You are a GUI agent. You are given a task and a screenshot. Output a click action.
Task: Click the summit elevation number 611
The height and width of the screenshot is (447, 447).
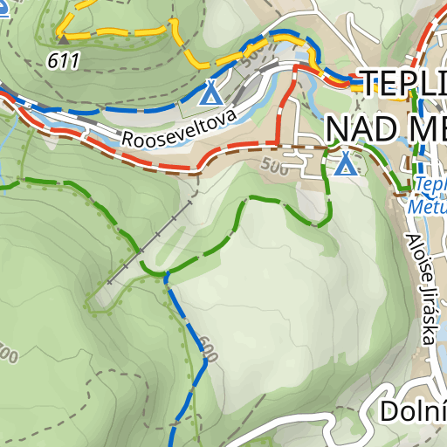65,60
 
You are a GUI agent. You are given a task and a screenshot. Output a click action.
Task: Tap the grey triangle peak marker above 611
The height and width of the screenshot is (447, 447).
64,38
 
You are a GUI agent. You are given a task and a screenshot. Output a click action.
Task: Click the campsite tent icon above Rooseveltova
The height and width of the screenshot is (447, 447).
210,91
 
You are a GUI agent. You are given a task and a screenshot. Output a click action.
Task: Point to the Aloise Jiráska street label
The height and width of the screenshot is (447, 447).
420,288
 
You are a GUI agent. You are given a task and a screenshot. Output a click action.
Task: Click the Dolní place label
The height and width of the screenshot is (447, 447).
413,411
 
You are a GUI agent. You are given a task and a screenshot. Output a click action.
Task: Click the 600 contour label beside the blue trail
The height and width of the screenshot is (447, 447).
209,347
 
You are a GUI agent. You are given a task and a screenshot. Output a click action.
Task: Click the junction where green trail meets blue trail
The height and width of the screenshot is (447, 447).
166,277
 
